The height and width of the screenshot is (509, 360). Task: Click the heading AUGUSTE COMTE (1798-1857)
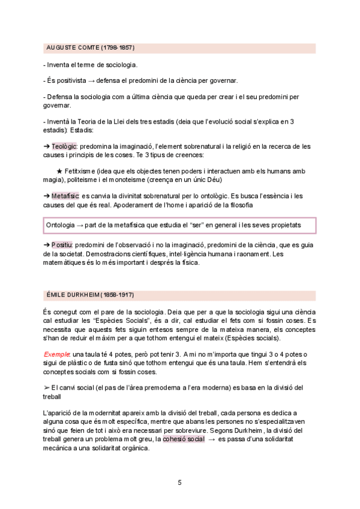pos(90,47)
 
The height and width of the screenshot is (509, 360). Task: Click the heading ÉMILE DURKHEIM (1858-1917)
pos(90,295)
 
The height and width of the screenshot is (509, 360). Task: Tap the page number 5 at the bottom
pos(179,482)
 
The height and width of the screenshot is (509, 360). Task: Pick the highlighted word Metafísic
pos(65,196)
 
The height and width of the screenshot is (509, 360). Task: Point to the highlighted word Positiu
pos(62,245)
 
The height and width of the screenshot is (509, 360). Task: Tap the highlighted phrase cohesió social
pos(184,439)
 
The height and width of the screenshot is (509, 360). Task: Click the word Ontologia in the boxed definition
pos(63,224)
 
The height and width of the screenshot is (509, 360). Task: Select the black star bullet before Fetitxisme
pos(59,171)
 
